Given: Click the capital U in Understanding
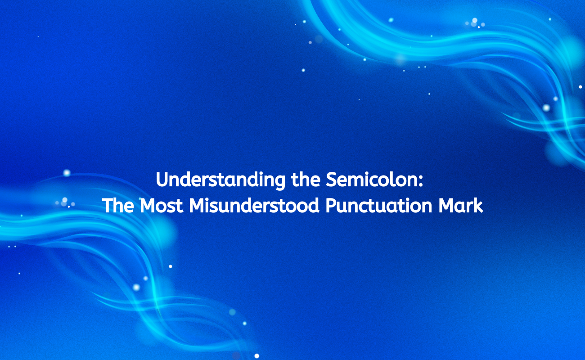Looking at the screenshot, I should (x=162, y=180).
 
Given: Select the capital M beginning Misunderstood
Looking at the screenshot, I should (x=197, y=206).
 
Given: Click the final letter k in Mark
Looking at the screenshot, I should (x=478, y=206).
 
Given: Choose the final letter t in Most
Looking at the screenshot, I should (x=180, y=206).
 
